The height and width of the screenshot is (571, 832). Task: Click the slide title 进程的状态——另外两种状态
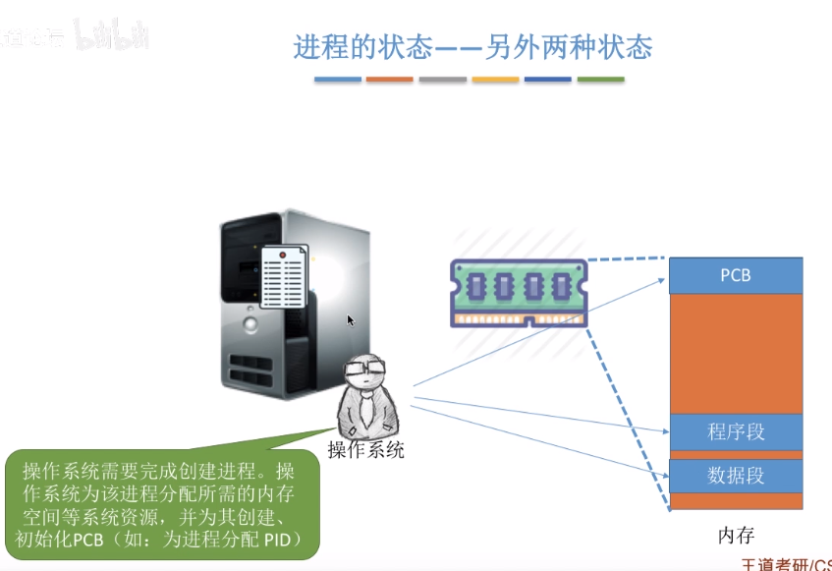[x=472, y=46]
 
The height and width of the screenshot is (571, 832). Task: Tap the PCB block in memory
[x=735, y=275]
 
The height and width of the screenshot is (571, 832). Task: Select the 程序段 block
[x=735, y=432]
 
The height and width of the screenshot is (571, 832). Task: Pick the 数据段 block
[x=735, y=476]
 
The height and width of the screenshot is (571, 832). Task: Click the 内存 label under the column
[x=736, y=536]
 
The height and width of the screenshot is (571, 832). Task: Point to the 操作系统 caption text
[x=365, y=451]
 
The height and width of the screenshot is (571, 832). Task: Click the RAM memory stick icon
[x=519, y=292]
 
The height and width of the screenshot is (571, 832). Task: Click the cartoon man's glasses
[x=364, y=371]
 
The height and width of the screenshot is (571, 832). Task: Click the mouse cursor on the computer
[x=351, y=320]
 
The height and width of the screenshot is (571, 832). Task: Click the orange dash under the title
[x=389, y=80]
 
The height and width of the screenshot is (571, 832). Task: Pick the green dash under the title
[x=600, y=80]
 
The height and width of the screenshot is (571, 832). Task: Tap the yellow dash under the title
[x=494, y=80]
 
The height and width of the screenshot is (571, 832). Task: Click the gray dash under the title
[x=442, y=80]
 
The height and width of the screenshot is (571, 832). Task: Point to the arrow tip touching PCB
[x=665, y=280]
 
